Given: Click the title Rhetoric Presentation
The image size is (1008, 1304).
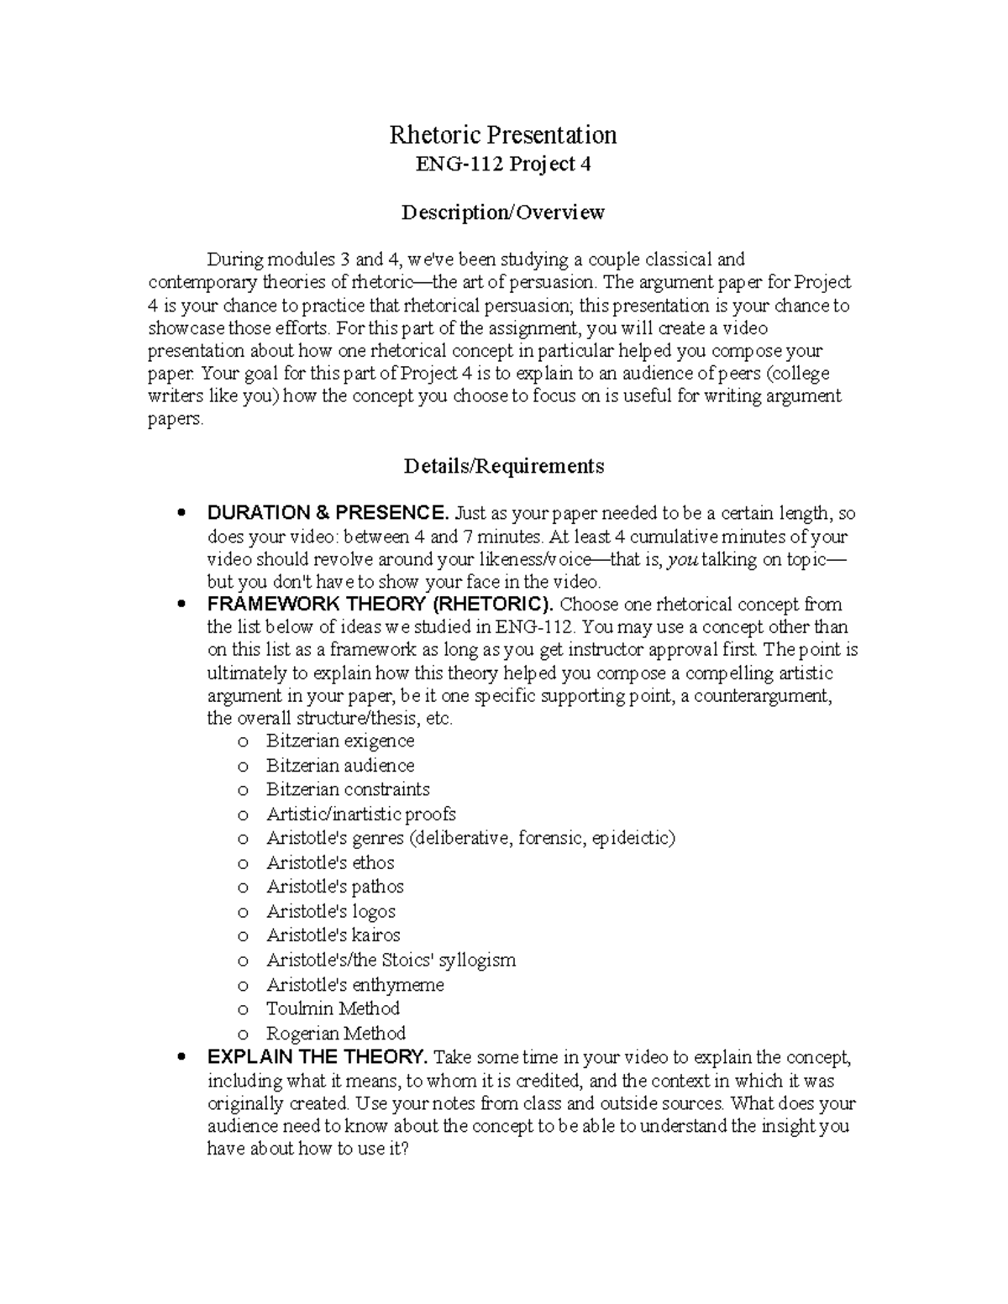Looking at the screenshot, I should pos(502,134).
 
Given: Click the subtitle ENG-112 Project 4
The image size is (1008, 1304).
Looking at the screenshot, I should pos(503,164).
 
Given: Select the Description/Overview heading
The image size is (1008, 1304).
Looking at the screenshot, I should pos(502,212).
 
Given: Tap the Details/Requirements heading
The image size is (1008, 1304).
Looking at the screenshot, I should pos(503,465).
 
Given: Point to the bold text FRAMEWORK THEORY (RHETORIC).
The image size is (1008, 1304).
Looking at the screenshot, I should pos(381,604).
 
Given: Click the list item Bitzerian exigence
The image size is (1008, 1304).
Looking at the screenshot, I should pos(339,741).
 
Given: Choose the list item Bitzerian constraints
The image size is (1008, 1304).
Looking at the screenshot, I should pos(348,789).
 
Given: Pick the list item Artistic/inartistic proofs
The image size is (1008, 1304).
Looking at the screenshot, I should pos(360,814).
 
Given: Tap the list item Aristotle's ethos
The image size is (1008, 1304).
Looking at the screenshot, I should pos(330,862).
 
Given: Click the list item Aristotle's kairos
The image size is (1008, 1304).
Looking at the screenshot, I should pos(333,935).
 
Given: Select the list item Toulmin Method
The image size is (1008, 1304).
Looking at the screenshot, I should pos(333,1008).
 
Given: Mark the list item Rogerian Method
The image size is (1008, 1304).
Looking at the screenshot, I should pos(335,1033).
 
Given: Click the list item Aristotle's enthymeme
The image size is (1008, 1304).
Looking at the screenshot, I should pos(354,984).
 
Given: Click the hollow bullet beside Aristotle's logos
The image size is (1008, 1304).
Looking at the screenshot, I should pos(244,912).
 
